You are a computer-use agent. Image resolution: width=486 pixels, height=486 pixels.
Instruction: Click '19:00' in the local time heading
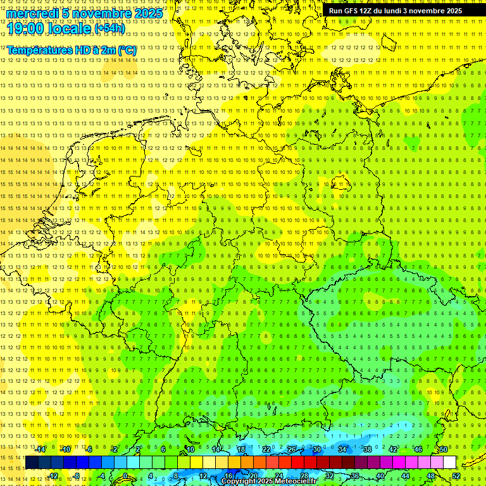(x=26, y=28)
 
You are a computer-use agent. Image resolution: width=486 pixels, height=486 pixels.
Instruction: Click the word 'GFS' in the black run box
(x=349, y=11)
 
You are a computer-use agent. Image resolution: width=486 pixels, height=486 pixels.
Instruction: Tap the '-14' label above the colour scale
(x=40, y=449)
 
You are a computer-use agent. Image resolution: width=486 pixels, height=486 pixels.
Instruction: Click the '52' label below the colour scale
(x=456, y=476)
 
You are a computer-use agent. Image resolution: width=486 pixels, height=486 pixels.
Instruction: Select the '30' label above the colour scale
(x=316, y=449)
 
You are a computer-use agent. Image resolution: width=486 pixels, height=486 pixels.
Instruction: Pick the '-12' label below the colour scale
(x=53, y=476)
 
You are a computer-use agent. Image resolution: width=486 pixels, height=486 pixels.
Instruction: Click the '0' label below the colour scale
(x=125, y=476)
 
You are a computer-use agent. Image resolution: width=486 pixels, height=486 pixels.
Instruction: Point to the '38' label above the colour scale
(x=367, y=449)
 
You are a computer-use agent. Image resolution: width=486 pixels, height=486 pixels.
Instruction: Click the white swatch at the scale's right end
(x=450, y=463)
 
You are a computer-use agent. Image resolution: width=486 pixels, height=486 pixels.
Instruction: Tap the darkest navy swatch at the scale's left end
(x=32, y=463)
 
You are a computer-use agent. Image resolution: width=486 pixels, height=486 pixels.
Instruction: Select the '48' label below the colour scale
(x=431, y=476)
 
